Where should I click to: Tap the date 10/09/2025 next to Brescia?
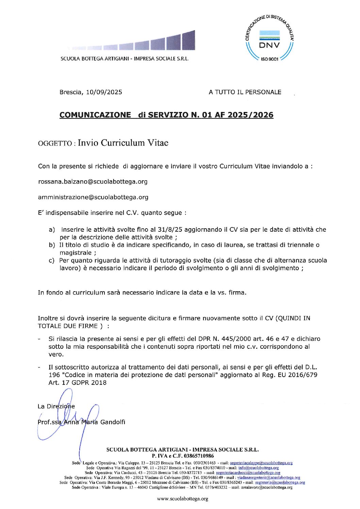[104, 92]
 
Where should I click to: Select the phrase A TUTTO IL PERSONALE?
[245, 92]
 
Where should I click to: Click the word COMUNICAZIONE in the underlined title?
[95, 115]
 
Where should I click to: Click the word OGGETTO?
[54, 144]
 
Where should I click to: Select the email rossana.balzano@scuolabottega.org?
[93, 182]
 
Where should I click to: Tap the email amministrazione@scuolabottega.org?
[93, 197]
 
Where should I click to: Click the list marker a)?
[52, 230]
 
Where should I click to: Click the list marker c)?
[52, 261]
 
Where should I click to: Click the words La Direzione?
[56, 406]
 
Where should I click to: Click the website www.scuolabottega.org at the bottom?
[182, 499]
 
